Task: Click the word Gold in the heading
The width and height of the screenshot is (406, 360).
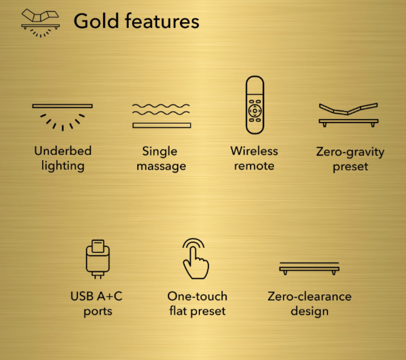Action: pyautogui.click(x=96, y=21)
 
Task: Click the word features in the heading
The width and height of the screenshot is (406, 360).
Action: pyautogui.click(x=162, y=21)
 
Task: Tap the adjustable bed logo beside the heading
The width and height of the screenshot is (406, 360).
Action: pyautogui.click(x=40, y=23)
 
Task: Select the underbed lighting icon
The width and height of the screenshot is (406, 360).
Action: pyautogui.click(x=62, y=117)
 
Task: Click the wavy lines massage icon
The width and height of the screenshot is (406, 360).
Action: pyautogui.click(x=162, y=115)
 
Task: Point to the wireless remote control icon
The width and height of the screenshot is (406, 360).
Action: pyautogui.click(x=255, y=105)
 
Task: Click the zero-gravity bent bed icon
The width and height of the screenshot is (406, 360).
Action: pyautogui.click(x=349, y=115)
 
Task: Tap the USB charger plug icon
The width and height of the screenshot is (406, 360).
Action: pyautogui.click(x=98, y=259)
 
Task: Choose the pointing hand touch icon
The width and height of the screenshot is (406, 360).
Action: pyautogui.click(x=195, y=259)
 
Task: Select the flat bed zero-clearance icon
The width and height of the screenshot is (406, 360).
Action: pyautogui.click(x=309, y=268)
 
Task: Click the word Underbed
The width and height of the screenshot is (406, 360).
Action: pyautogui.click(x=63, y=151)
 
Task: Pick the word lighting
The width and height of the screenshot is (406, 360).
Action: pyautogui.click(x=63, y=166)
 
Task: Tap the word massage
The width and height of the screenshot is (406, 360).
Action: pyautogui.click(x=161, y=166)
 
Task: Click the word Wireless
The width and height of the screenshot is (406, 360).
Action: pyautogui.click(x=254, y=151)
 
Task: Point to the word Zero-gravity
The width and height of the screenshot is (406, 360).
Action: pyautogui.click(x=350, y=152)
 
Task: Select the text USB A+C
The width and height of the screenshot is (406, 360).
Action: pyautogui.click(x=96, y=296)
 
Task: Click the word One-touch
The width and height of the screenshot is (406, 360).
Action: pyautogui.click(x=197, y=296)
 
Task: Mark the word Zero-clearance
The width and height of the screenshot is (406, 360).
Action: pyautogui.click(x=310, y=296)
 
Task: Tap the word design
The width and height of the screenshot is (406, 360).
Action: pyautogui.click(x=310, y=311)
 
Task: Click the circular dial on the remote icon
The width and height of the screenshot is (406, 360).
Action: pyautogui.click(x=255, y=111)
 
